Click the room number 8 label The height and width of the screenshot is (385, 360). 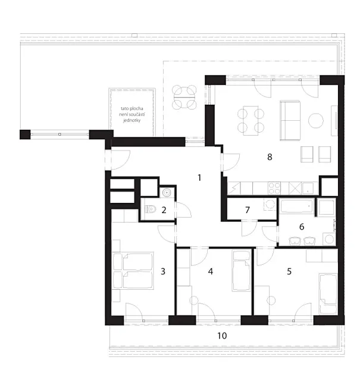(x=270, y=157)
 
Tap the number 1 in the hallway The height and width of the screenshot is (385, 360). (x=199, y=177)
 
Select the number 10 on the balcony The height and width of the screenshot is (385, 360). (x=222, y=336)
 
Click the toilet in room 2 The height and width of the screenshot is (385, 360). (x=151, y=209)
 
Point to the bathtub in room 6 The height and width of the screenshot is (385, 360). (x=297, y=206)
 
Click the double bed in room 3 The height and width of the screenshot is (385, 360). (x=133, y=270)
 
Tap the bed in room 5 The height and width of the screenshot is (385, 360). (x=328, y=294)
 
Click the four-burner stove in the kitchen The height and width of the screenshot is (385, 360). (x=274, y=188)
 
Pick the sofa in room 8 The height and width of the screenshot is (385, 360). (x=290, y=120)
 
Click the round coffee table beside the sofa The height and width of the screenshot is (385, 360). (x=316, y=120)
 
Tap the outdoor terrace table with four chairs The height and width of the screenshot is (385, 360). (x=184, y=97)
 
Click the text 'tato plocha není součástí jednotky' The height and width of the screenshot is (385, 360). (x=132, y=114)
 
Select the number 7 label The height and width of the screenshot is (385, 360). (x=248, y=210)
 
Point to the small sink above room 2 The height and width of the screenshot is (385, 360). (x=167, y=193)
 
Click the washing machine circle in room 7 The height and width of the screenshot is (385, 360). (x=270, y=204)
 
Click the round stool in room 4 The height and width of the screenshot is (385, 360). (x=194, y=301)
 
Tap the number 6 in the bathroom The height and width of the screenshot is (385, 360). (x=302, y=226)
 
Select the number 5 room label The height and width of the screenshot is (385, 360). (x=289, y=271)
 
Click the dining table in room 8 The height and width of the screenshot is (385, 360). (x=251, y=121)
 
